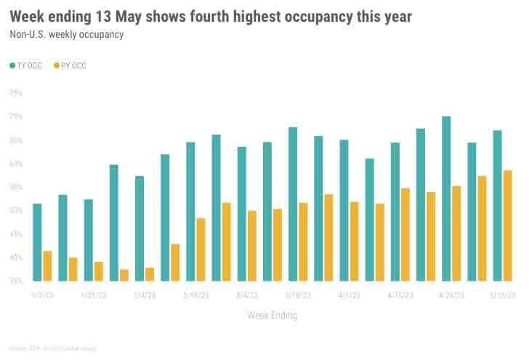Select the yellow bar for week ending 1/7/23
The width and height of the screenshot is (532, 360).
coord(47,265)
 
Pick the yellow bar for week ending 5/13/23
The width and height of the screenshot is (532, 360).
coord(507,225)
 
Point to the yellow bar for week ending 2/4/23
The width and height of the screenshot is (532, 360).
coord(150,273)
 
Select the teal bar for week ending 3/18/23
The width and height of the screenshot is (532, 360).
coord(293,204)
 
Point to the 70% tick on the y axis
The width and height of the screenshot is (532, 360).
coord(16,117)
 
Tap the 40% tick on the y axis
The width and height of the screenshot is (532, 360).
coord(16,257)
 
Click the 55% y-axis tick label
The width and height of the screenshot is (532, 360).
coord(16,187)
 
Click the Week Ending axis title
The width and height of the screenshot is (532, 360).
coord(272,315)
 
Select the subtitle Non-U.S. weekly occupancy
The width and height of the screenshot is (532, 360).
coord(65,34)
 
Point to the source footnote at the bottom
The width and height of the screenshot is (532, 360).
coord(52,348)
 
